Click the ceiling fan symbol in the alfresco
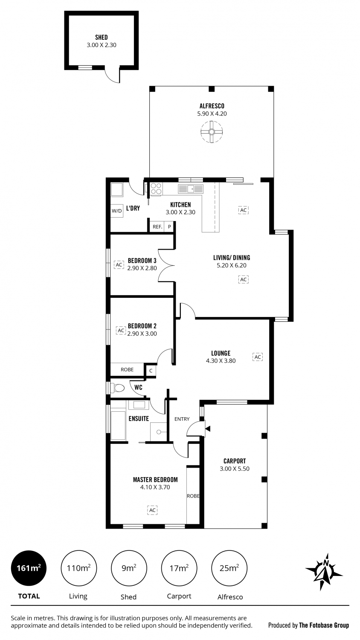click(212, 132)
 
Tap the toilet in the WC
click(118, 388)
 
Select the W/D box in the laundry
click(116, 211)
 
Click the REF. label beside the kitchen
click(157, 227)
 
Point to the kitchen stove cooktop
click(156, 189)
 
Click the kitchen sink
click(191, 189)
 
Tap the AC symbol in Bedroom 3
click(119, 265)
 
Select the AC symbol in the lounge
click(258, 357)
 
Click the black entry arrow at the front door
click(208, 428)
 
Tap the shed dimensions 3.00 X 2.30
click(102, 45)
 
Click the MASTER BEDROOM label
click(155, 480)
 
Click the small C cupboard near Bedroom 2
click(151, 371)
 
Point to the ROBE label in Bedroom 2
click(127, 369)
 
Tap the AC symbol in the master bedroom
click(152, 510)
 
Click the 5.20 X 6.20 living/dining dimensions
click(232, 265)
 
